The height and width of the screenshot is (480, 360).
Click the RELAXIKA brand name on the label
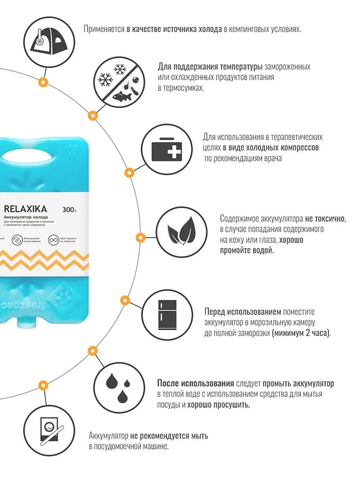click(x=24, y=209)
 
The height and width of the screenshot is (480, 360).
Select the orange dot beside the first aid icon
click(x=128, y=172)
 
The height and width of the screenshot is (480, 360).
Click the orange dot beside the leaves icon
click(x=140, y=237)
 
